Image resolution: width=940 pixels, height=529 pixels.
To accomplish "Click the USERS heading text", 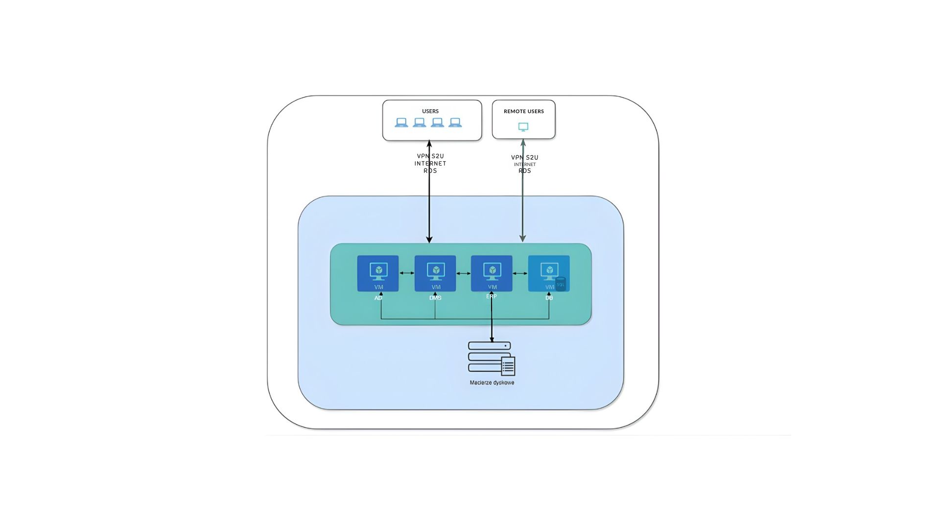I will (430, 111).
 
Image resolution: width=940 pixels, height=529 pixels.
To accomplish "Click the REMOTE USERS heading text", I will (523, 111).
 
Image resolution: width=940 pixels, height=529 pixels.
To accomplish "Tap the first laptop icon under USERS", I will (401, 122).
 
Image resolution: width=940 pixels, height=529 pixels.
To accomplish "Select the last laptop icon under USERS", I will (455, 122).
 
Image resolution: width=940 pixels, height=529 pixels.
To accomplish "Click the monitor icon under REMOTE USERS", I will (523, 127).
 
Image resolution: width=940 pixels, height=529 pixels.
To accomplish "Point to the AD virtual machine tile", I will (378, 273).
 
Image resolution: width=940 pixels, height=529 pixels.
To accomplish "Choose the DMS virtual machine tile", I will (435, 273).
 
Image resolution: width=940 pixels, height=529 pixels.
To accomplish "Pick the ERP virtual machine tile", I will (492, 273).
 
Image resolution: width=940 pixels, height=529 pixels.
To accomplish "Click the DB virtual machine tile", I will (548, 273).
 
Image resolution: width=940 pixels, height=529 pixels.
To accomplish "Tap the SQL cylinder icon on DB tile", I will (561, 284).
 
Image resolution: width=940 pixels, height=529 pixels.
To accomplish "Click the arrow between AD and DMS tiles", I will (407, 273).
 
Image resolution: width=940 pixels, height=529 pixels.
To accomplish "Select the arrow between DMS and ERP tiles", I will (463, 273).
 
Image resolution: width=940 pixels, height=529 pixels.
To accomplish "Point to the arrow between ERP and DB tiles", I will (520, 273).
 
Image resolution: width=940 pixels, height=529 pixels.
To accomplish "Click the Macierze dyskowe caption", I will (492, 383).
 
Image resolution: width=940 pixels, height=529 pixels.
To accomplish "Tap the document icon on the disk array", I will (508, 366).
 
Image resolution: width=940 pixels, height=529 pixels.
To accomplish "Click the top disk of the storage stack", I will (489, 346).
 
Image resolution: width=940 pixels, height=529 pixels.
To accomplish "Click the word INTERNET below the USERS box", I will (430, 164).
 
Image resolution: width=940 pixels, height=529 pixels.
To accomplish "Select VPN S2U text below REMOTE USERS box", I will (525, 157).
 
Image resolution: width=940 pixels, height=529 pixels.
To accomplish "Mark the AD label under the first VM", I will (378, 298).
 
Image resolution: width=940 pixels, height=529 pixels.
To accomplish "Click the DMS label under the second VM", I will (435, 298).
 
